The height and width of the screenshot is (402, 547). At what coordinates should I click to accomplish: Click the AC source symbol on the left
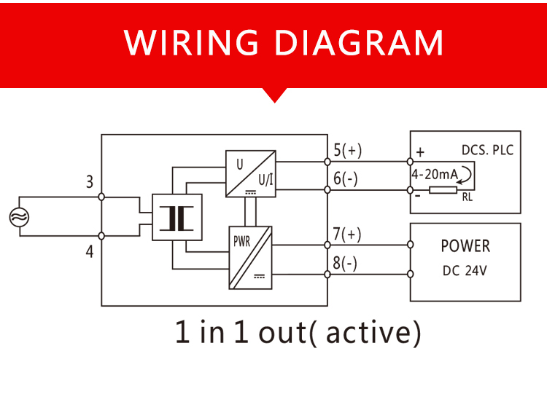click(x=19, y=217)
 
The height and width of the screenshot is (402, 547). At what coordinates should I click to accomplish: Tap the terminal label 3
click(x=90, y=182)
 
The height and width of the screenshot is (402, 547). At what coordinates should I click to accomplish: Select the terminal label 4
click(x=90, y=251)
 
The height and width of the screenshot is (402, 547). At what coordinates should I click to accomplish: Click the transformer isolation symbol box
click(x=177, y=217)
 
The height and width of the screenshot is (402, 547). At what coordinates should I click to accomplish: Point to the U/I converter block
click(x=250, y=174)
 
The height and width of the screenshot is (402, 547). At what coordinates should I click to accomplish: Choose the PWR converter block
click(x=250, y=258)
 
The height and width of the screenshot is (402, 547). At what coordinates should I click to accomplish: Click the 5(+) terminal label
click(x=347, y=150)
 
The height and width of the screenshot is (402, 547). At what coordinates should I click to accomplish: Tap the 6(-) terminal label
click(x=346, y=178)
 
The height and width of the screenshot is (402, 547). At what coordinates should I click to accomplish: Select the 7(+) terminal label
click(x=346, y=234)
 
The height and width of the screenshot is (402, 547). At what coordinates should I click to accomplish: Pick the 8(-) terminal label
click(x=345, y=263)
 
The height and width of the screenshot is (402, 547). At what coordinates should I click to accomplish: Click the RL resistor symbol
click(x=443, y=190)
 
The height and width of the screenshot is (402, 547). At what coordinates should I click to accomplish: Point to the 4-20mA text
click(x=435, y=174)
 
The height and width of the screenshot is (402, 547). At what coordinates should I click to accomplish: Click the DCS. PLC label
click(x=488, y=150)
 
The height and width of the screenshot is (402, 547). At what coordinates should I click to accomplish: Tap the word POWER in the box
click(x=465, y=246)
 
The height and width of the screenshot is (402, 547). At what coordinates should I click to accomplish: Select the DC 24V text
click(x=465, y=271)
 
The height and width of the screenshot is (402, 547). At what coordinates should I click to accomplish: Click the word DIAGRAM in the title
click(x=359, y=42)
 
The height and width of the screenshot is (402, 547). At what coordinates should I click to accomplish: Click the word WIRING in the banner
click(x=191, y=42)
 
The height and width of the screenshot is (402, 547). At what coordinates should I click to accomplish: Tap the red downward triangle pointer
click(x=274, y=95)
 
